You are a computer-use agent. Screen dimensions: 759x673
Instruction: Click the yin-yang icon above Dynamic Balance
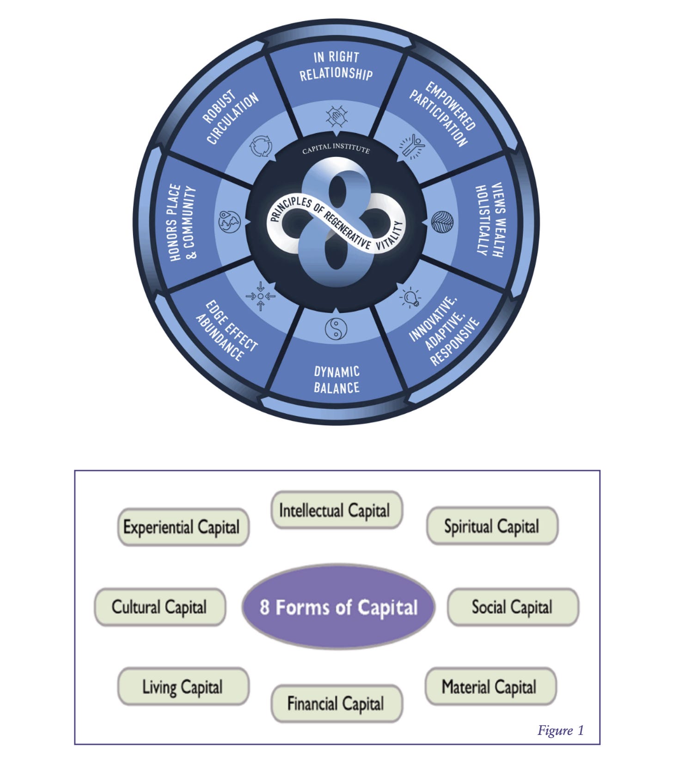click(336, 329)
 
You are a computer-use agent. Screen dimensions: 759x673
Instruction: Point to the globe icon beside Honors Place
click(230, 222)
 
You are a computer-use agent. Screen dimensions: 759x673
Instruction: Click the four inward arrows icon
click(261, 296)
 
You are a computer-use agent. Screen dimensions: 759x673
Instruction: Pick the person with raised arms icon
click(412, 146)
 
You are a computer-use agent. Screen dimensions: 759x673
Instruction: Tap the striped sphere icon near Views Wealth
click(442, 222)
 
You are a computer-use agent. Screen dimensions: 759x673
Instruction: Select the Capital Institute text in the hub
click(336, 149)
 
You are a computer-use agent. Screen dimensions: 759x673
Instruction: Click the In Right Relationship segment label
click(336, 66)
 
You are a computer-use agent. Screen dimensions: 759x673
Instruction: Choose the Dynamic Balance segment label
click(336, 379)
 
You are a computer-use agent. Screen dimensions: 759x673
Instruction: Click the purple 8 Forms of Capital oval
click(338, 607)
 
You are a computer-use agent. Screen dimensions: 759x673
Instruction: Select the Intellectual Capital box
click(336, 510)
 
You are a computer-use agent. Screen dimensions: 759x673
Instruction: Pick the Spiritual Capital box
click(492, 526)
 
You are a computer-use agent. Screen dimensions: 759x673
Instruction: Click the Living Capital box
click(183, 686)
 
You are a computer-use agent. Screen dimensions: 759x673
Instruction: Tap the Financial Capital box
click(336, 704)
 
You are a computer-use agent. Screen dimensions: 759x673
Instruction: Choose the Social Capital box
click(513, 607)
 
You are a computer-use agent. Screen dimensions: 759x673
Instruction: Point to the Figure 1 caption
click(560, 730)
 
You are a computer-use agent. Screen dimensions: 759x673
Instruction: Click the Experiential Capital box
click(183, 527)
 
